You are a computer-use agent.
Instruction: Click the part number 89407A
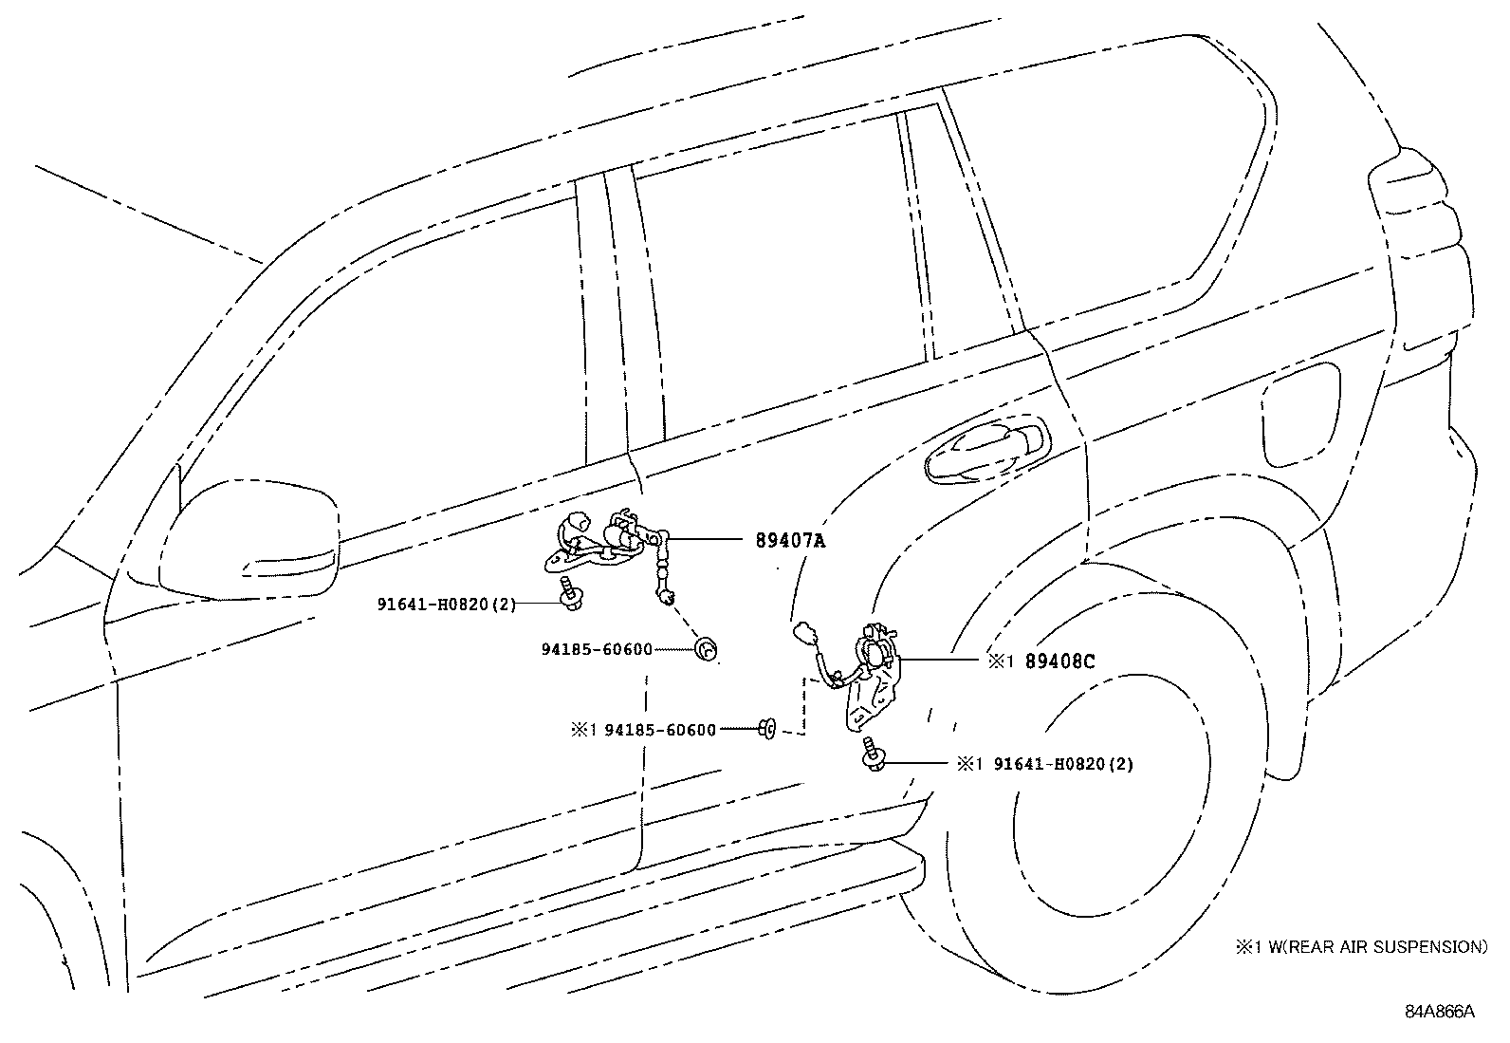pyautogui.click(x=790, y=541)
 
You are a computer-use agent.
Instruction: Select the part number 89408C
pyautogui.click(x=1059, y=661)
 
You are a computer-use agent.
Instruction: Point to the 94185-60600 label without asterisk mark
pyautogui.click(x=597, y=650)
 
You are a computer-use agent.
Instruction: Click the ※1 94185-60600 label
pyautogui.click(x=643, y=730)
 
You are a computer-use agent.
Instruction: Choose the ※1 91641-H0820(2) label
pyautogui.click(x=1044, y=763)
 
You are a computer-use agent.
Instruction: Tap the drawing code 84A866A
pyautogui.click(x=1440, y=1011)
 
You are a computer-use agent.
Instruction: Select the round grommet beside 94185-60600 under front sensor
pyautogui.click(x=706, y=649)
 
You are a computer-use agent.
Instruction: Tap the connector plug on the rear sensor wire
pyautogui.click(x=805, y=633)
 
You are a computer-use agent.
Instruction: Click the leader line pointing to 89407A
pyautogui.click(x=707, y=540)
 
